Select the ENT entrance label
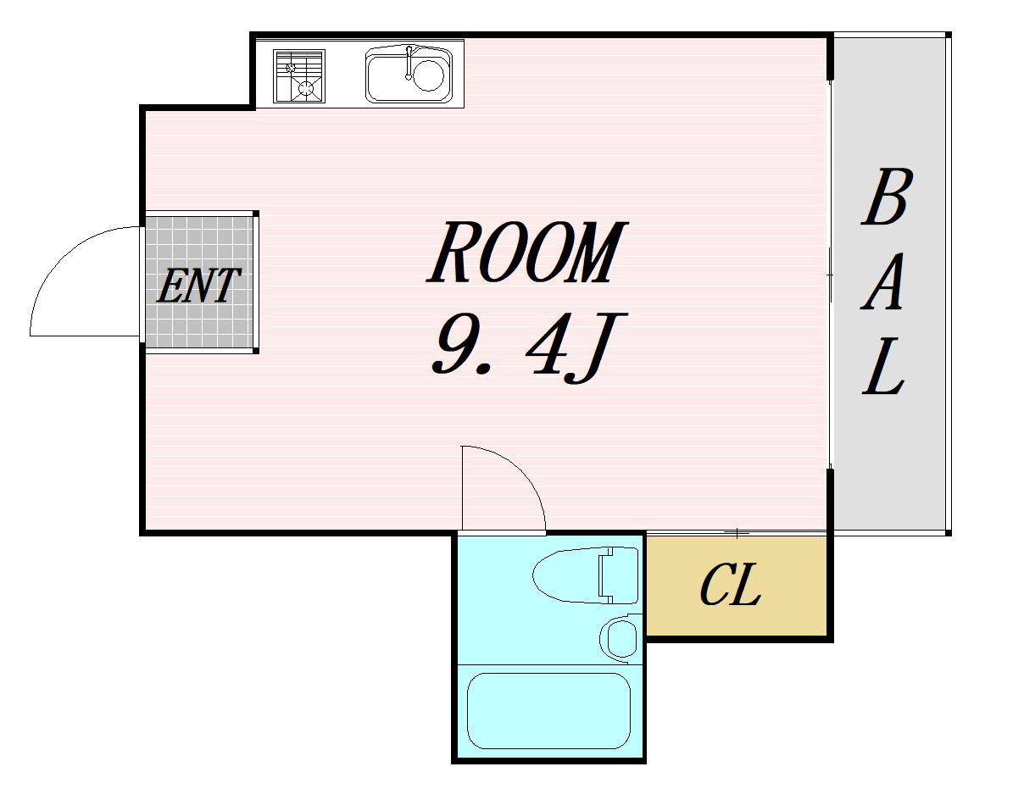pos(198,286)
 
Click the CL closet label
pos(731,585)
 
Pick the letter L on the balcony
pos(883,366)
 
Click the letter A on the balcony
pos(882,281)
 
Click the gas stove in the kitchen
pos(299,76)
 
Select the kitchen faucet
pos(409,62)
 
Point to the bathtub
pos(548,711)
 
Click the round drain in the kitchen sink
pos(428,75)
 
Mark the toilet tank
pos(618,575)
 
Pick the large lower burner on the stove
pos(306,88)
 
